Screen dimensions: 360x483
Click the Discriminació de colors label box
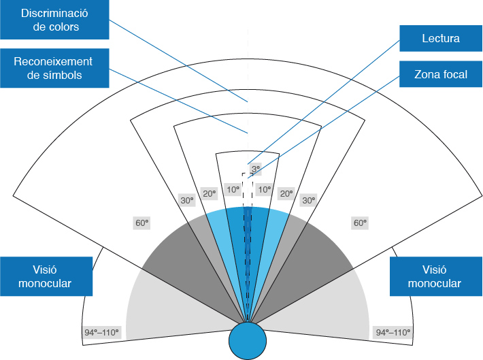coord(54,20)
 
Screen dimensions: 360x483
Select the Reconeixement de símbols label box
coord(54,68)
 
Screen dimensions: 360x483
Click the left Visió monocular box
coord(46,276)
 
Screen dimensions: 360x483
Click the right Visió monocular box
coord(435,276)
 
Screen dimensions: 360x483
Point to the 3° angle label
coord(255,169)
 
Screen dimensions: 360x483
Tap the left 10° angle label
coord(233,190)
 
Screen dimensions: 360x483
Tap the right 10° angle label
coord(265,190)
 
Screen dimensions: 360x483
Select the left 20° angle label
coord(210,194)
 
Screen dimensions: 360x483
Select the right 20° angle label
coord(286,194)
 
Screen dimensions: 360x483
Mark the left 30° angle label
coord(186,201)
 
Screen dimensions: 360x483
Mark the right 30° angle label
coord(309,201)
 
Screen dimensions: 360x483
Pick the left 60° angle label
coord(142,223)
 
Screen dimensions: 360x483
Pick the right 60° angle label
coord(360,223)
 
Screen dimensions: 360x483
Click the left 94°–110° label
coord(101,333)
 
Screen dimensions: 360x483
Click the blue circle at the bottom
coord(248,340)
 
